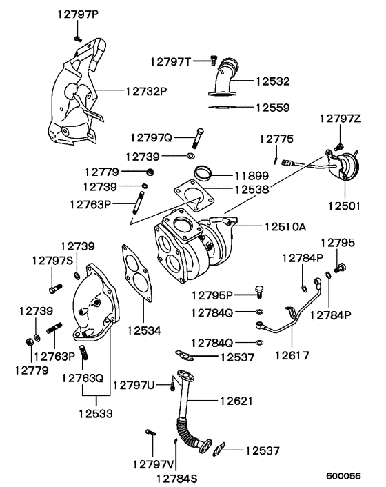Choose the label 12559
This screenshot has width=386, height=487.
pyautogui.click(x=273, y=108)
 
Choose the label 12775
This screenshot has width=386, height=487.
pyautogui.click(x=276, y=139)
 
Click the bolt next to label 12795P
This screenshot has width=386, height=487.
pyautogui.click(x=259, y=291)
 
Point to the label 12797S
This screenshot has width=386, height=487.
pyautogui.click(x=52, y=259)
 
